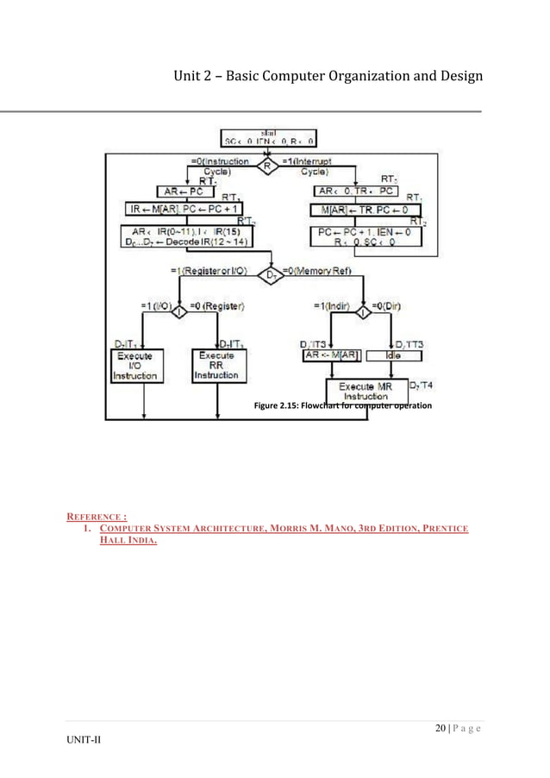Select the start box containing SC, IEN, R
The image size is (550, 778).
(268, 138)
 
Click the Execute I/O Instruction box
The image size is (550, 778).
(134, 366)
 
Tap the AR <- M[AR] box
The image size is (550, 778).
(331, 355)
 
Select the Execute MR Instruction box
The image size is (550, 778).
(368, 391)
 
